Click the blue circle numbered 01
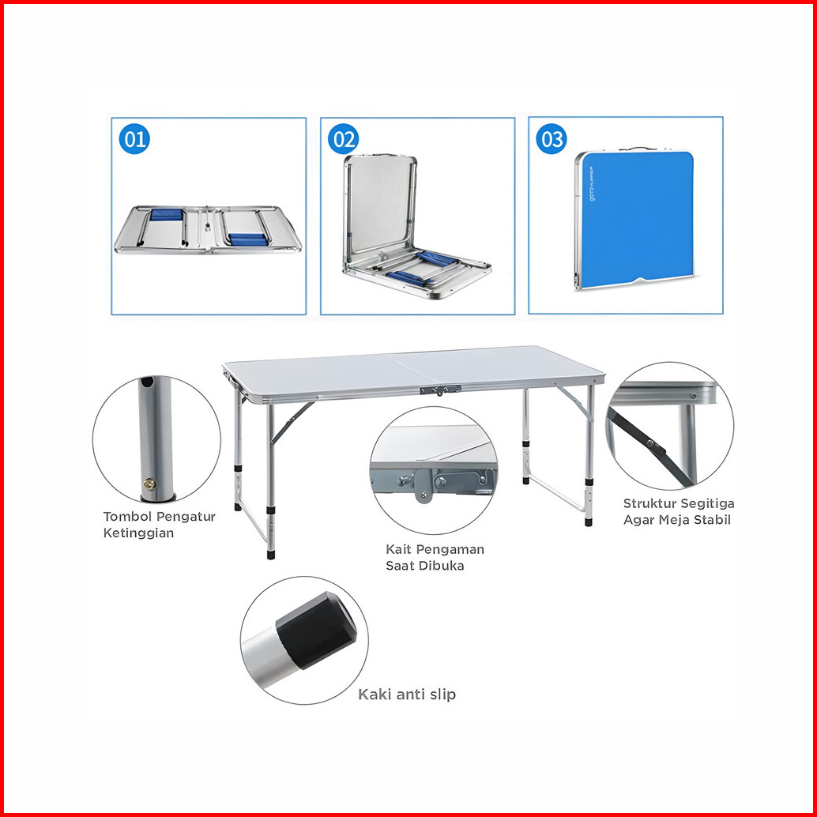[134, 139]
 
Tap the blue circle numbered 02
[344, 139]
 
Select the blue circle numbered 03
[552, 139]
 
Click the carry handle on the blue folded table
[638, 149]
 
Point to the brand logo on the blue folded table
[594, 183]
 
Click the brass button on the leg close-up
[149, 484]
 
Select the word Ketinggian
[138, 533]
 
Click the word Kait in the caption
[398, 549]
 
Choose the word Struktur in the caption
[649, 503]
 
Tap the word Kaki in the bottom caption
[374, 695]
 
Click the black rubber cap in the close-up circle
[317, 630]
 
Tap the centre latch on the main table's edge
[441, 390]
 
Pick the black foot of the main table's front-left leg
[271, 553]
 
